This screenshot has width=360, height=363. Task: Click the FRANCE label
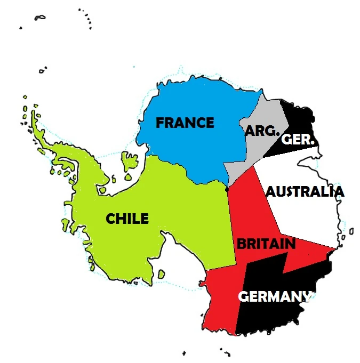click(x=185, y=123)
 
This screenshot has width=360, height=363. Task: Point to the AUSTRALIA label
click(x=305, y=192)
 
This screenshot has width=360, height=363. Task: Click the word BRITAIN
click(x=266, y=244)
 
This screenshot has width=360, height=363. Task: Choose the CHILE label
click(x=127, y=219)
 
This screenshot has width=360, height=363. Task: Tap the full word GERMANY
click(x=274, y=296)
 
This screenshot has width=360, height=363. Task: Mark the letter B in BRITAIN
click(x=241, y=244)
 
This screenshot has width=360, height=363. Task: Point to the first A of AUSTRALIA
click(x=270, y=192)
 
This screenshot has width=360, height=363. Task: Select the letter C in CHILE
click(x=110, y=219)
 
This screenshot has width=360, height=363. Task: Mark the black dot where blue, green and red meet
click(x=227, y=189)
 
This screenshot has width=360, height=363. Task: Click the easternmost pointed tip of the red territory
click(x=335, y=248)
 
